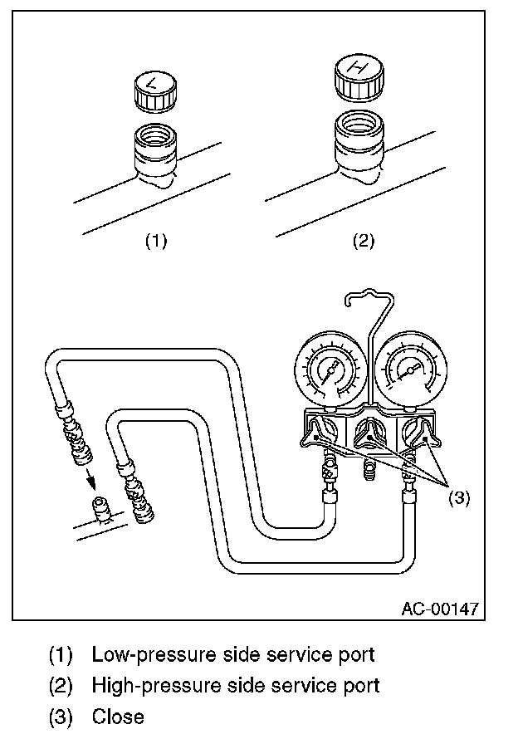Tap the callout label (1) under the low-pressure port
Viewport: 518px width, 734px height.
(x=156, y=241)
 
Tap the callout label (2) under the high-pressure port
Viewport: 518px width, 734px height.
(x=363, y=241)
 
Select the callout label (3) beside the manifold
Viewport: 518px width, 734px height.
(x=459, y=497)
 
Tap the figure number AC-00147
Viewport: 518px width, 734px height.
(x=439, y=608)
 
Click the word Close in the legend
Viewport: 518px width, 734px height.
(x=118, y=716)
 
